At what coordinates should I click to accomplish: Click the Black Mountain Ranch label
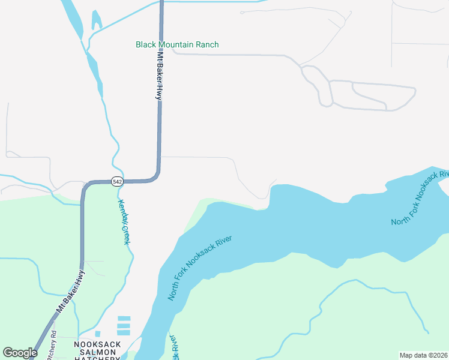pyautogui.click(x=177, y=44)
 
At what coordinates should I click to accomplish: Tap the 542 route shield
pyautogui.click(x=117, y=181)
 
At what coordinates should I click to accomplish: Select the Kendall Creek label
pyautogui.click(x=124, y=222)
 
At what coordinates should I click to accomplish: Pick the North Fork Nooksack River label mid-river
pyautogui.click(x=199, y=268)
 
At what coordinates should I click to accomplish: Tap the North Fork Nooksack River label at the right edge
pyautogui.click(x=420, y=198)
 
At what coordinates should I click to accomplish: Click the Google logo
pyautogui.click(x=19, y=353)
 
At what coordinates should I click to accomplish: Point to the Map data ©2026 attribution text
pyautogui.click(x=423, y=355)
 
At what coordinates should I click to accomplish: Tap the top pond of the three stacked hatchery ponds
pyautogui.click(x=124, y=318)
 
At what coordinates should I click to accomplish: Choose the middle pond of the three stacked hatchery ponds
pyautogui.click(x=124, y=325)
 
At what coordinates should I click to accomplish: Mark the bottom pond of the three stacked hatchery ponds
pyautogui.click(x=124, y=332)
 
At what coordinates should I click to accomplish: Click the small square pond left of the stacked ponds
pyautogui.click(x=98, y=334)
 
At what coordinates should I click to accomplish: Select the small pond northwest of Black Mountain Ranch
pyautogui.click(x=95, y=20)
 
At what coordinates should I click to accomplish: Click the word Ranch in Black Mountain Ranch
pyautogui.click(x=206, y=44)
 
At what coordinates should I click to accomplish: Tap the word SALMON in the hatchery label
pyautogui.click(x=97, y=352)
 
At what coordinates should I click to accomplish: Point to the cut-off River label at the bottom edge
pyautogui.click(x=175, y=348)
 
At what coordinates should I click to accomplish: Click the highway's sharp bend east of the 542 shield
pyautogui.click(x=157, y=175)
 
